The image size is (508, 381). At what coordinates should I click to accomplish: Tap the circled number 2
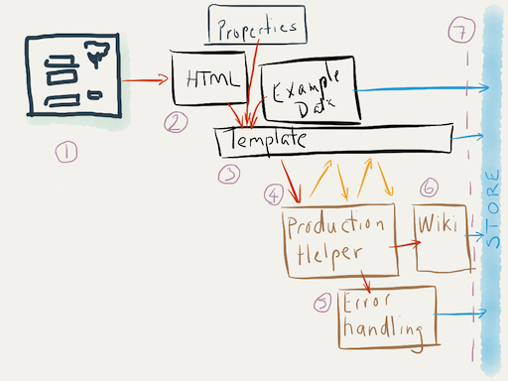(x=176, y=123)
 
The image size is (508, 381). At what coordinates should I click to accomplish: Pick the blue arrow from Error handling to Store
(x=460, y=316)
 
